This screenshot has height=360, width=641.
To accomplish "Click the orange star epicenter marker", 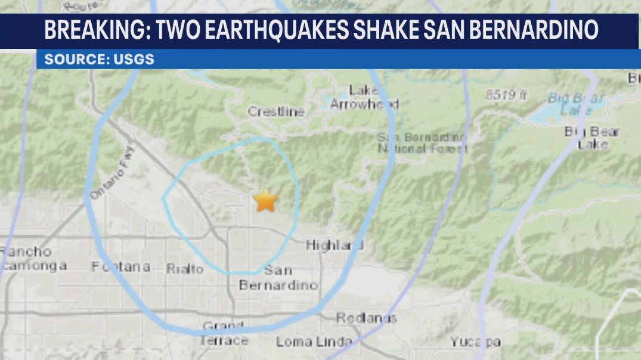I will [x=265, y=201].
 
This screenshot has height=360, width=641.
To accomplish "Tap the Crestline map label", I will [x=276, y=111].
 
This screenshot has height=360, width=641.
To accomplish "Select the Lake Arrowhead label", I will [x=364, y=97].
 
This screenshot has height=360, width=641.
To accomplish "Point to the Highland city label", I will [x=335, y=245].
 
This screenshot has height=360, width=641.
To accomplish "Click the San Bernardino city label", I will [x=278, y=278].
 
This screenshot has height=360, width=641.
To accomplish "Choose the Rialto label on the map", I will [x=185, y=269].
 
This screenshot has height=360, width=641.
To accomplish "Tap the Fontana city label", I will [x=120, y=266].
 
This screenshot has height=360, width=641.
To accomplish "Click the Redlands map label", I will [x=366, y=318].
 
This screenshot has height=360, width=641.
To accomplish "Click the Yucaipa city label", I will [x=475, y=342].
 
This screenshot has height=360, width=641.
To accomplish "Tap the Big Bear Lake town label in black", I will [x=593, y=138].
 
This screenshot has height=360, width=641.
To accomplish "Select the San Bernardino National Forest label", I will [x=422, y=142].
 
